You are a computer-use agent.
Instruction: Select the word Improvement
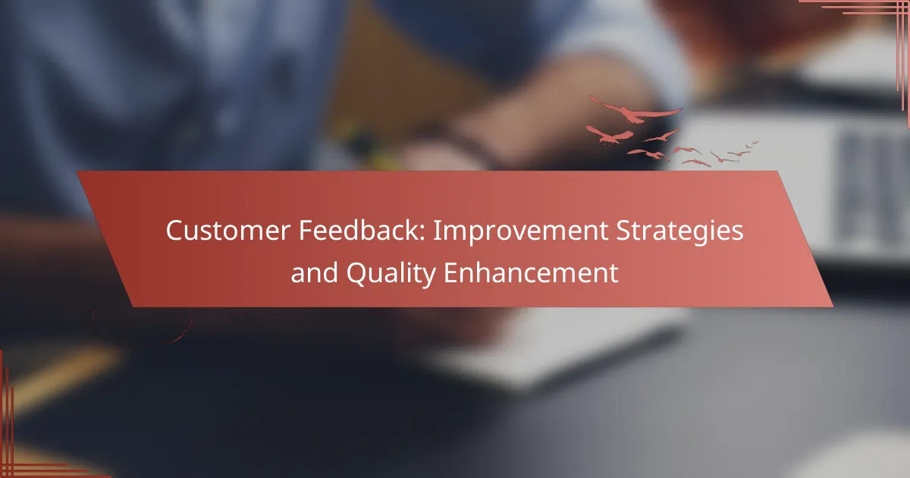520,231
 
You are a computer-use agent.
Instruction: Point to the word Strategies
679,231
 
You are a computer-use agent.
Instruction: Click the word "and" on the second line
315,272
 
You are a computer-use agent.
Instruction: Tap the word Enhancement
531,272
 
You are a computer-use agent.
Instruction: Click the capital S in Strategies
624,231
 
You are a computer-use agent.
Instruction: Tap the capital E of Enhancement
450,272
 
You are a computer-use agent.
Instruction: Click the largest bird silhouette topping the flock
635,111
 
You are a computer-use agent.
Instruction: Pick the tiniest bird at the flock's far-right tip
755,143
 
